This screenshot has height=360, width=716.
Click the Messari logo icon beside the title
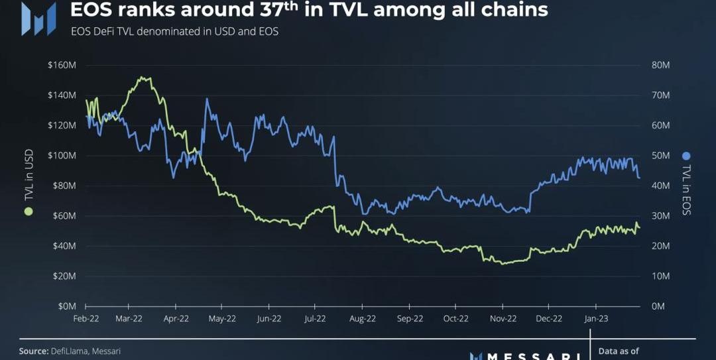pyautogui.click(x=38, y=19)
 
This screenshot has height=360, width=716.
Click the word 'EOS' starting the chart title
pyautogui.click(x=93, y=10)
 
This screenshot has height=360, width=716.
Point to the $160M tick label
pyautogui.click(x=62, y=65)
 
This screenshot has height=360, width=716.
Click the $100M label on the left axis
pyautogui.click(x=62, y=155)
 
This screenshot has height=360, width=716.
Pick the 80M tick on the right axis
pyautogui.click(x=661, y=65)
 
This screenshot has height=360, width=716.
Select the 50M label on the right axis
pyautogui.click(x=661, y=155)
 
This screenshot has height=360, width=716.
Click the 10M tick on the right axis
pyautogui.click(x=661, y=276)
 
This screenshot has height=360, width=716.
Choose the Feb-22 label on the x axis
pyautogui.click(x=86, y=318)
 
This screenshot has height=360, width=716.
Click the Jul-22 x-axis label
pyautogui.click(x=316, y=318)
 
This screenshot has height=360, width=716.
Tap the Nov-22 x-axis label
pyautogui.click(x=503, y=318)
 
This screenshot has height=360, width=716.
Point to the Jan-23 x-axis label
pyautogui.click(x=595, y=318)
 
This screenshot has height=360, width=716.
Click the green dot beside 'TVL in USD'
pyautogui.click(x=28, y=211)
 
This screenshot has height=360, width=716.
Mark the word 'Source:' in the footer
pyautogui.click(x=33, y=351)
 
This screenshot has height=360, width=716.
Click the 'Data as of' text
pyautogui.click(x=618, y=351)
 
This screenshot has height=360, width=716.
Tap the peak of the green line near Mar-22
pyautogui.click(x=142, y=78)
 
